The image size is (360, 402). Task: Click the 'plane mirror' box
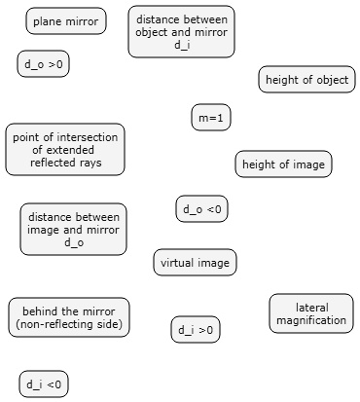click(66, 20)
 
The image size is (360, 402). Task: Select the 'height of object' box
click(306, 80)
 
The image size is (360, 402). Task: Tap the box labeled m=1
click(211, 118)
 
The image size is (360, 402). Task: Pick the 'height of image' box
click(283, 164)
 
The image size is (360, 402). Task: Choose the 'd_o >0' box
click(43, 64)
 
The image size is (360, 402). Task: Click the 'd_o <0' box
click(202, 208)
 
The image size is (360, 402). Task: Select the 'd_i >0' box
click(196, 330)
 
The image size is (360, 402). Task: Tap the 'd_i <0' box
click(44, 384)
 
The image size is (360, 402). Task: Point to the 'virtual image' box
click(195, 262)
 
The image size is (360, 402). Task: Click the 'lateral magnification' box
click(311, 313)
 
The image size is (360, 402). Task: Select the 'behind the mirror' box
click(69, 317)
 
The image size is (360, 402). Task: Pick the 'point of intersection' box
click(66, 150)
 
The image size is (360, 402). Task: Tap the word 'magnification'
click(311, 320)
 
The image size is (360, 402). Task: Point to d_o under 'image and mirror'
click(73, 242)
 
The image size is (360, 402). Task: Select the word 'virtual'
click(177, 262)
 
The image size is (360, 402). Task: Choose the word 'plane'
click(47, 20)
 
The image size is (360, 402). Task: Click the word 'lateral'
click(311, 307)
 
